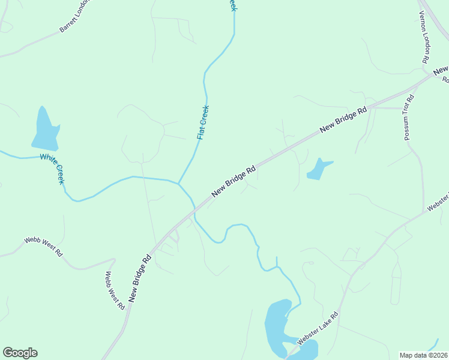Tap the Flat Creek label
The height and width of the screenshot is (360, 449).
tap(203, 122)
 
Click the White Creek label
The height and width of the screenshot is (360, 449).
tap(52, 169)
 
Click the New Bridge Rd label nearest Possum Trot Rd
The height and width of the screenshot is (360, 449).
tap(343, 120)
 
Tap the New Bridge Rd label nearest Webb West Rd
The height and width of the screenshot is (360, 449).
tap(139, 278)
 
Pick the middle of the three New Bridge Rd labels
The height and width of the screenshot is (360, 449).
tap(234, 181)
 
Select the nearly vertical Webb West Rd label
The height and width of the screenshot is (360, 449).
tap(115, 290)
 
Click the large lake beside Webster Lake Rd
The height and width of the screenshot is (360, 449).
tap(277, 327)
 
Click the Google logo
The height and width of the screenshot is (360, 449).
tap(20, 353)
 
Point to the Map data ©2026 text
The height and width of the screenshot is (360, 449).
tap(424, 355)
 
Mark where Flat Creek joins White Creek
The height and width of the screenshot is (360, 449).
tap(178, 183)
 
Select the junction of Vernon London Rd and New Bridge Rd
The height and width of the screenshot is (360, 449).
tap(433, 74)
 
